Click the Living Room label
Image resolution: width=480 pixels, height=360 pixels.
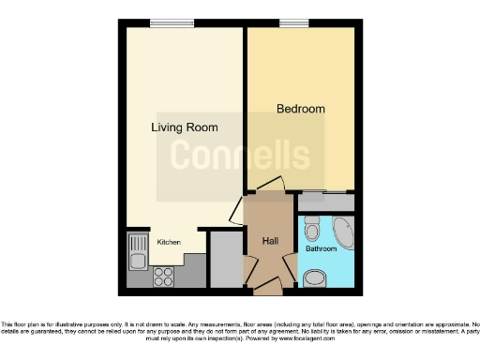(x=185, y=127)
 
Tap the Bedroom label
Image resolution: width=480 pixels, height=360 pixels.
(x=300, y=109)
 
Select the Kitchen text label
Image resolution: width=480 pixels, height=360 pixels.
(x=169, y=242)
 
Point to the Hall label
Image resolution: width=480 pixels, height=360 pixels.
(x=270, y=242)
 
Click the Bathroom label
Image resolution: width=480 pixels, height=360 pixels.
(x=321, y=249)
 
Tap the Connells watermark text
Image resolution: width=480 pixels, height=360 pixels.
(x=239, y=156)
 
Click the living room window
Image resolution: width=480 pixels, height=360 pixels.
(x=165, y=23)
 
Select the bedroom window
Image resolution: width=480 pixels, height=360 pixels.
(x=292, y=23)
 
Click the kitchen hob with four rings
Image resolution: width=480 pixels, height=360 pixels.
(x=162, y=277)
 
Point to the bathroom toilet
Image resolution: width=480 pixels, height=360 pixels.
(x=312, y=228)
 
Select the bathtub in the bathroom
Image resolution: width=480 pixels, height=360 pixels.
(x=343, y=232)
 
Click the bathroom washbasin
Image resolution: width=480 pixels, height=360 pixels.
(x=316, y=277)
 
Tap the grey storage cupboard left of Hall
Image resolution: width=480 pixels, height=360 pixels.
(x=226, y=259)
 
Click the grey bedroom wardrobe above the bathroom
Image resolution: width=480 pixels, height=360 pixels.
(x=326, y=202)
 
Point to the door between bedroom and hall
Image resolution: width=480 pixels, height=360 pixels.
(x=268, y=185)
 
